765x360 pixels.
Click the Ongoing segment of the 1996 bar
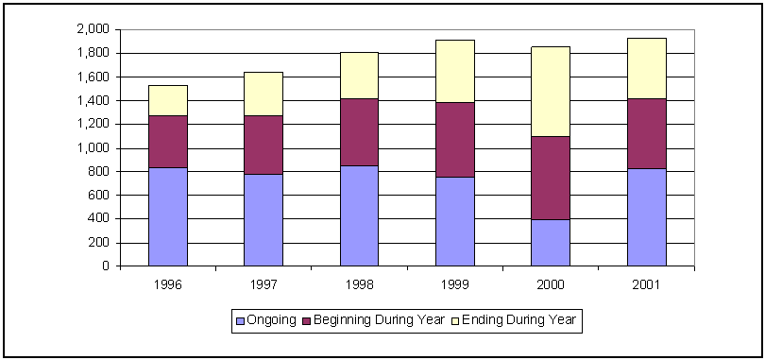click(x=167, y=216)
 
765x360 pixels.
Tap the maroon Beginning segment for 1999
click(x=454, y=140)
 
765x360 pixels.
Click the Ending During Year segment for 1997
click(x=263, y=94)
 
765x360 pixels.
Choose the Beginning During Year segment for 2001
click(x=646, y=133)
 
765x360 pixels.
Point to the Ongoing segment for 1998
click(x=359, y=215)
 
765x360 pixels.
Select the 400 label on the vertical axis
click(x=98, y=219)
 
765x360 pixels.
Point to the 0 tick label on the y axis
click(x=106, y=266)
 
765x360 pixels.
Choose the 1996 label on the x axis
click(x=167, y=283)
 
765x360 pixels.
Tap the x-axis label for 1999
click(x=454, y=283)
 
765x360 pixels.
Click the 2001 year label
click(x=646, y=283)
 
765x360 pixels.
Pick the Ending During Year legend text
click(x=518, y=321)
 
